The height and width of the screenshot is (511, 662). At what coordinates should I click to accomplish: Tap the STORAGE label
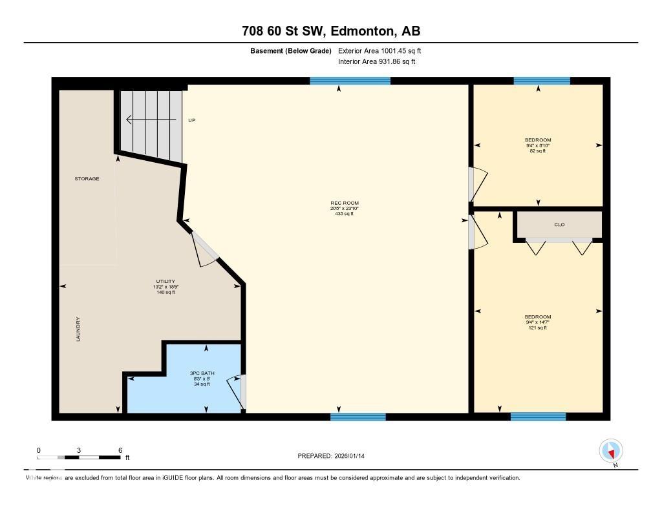pyautogui.click(x=87, y=178)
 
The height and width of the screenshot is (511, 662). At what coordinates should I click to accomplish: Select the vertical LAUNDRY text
pyautogui.click(x=78, y=329)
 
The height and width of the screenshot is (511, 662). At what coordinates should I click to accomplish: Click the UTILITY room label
pyautogui.click(x=165, y=287)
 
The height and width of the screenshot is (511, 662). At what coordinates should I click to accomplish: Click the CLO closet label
pyautogui.click(x=559, y=225)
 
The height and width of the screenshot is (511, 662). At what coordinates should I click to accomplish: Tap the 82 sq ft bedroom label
pyautogui.click(x=538, y=145)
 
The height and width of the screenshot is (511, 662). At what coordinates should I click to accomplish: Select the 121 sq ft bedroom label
pyautogui.click(x=538, y=322)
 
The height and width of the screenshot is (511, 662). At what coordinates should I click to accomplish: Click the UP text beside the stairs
pyautogui.click(x=191, y=120)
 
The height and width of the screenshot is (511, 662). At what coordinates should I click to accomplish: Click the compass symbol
pyautogui.click(x=611, y=451)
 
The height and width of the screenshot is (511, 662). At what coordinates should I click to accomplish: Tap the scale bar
pyautogui.click(x=79, y=457)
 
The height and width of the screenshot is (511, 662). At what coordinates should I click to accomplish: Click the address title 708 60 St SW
pyautogui.click(x=330, y=31)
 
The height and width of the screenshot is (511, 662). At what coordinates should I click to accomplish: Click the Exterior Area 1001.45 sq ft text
pyautogui.click(x=379, y=50)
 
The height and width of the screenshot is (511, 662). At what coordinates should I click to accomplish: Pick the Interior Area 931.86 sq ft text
pyautogui.click(x=377, y=61)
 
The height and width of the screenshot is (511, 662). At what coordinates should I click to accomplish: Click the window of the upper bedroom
pyautogui.click(x=542, y=81)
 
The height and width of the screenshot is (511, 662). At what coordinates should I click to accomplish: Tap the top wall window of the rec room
pyautogui.click(x=350, y=81)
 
